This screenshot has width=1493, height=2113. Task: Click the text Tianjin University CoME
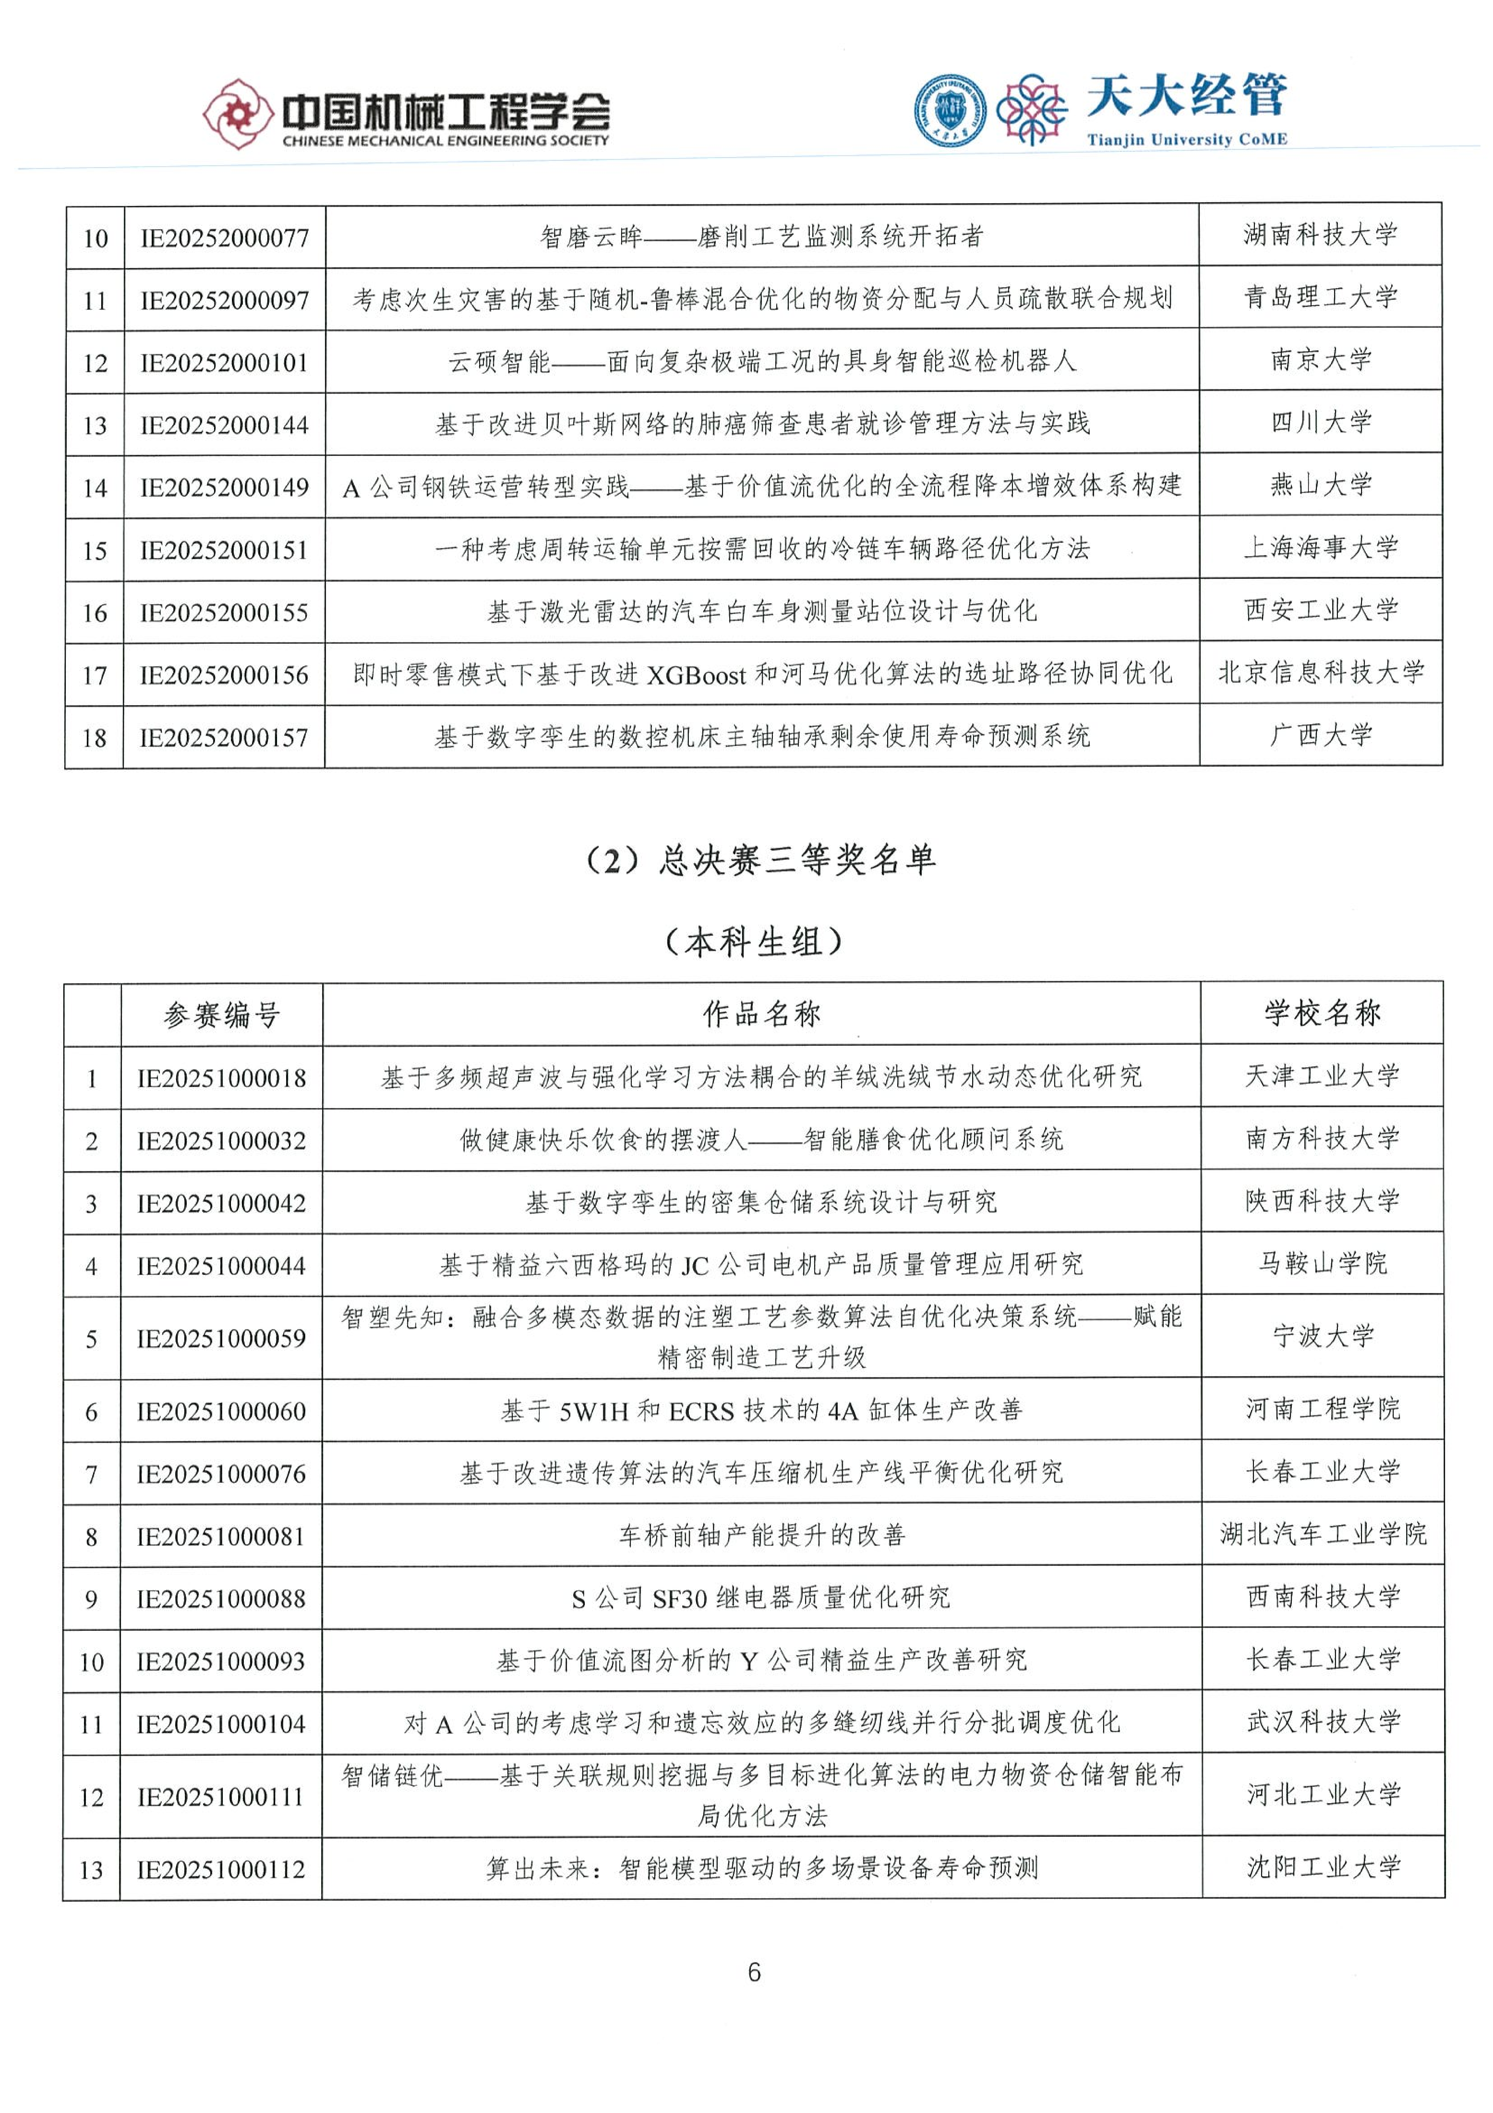[x=1187, y=140]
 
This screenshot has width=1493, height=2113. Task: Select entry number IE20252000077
[x=224, y=238]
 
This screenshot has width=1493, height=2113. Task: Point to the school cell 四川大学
[x=1321, y=422]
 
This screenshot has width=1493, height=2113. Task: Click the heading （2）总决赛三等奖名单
[x=760, y=860]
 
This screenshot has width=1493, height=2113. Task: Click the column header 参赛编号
[x=222, y=1015]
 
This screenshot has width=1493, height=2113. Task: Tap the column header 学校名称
[x=1322, y=1013]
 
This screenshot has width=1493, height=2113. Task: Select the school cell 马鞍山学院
[x=1322, y=1264]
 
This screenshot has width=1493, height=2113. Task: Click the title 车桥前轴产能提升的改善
[x=762, y=1535]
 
